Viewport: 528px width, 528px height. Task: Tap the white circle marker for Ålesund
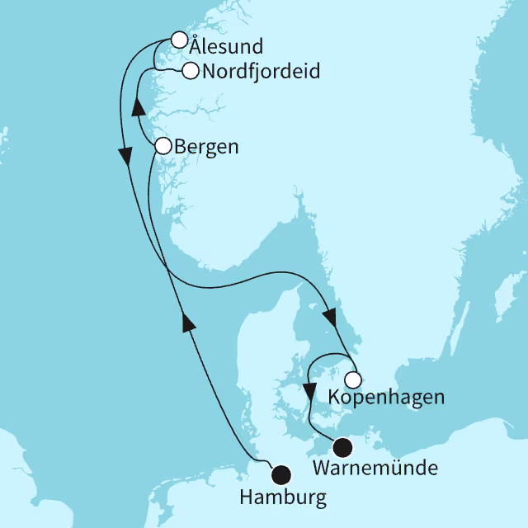pyautogui.click(x=178, y=39)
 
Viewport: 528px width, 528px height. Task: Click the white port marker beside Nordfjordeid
pyautogui.click(x=190, y=71)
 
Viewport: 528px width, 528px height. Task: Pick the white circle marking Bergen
pyautogui.click(x=163, y=146)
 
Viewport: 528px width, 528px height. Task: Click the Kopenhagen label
pyautogui.click(x=386, y=398)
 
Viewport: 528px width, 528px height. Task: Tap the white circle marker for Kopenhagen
pyautogui.click(x=352, y=380)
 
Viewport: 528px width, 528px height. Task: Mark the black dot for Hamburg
pyautogui.click(x=281, y=474)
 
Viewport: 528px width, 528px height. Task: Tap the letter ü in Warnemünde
pyautogui.click(x=408, y=469)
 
